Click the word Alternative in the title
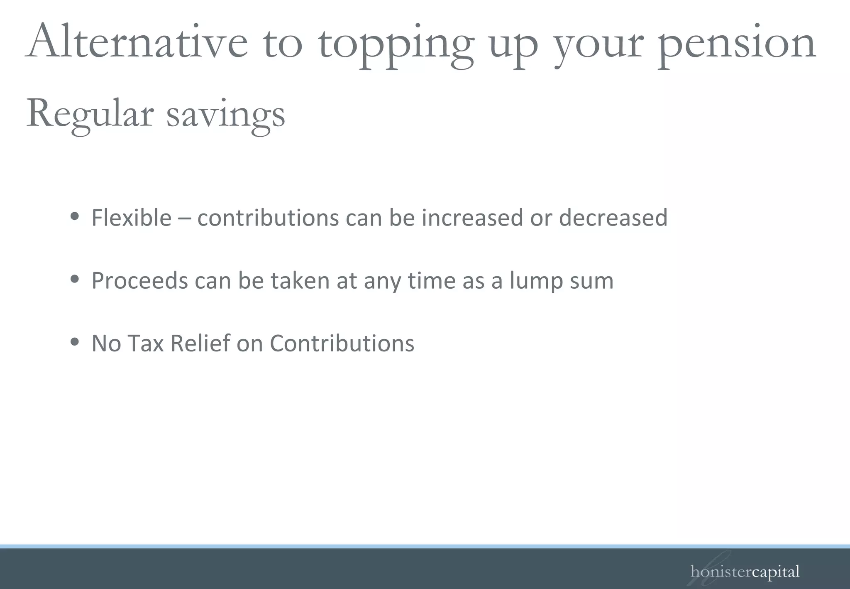click(x=137, y=42)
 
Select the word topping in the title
click(x=396, y=46)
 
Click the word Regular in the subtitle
click(x=90, y=114)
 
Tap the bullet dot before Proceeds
click(x=75, y=279)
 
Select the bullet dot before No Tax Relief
click(x=75, y=342)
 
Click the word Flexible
click(x=131, y=218)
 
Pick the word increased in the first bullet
click(x=472, y=218)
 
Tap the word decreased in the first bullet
click(x=613, y=218)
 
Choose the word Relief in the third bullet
click(x=200, y=344)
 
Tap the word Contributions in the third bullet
click(x=342, y=344)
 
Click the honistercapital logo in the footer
click(x=745, y=572)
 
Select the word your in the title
click(x=599, y=46)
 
